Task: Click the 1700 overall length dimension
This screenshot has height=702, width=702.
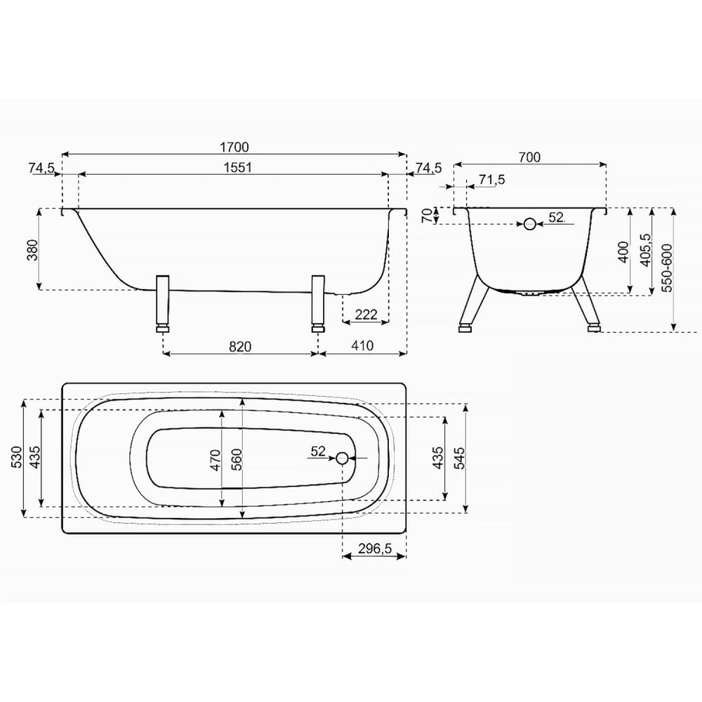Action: (234, 147)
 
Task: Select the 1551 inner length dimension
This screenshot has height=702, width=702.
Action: (238, 168)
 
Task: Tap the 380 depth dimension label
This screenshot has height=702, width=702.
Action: (32, 250)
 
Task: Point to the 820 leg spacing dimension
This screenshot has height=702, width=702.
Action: (240, 347)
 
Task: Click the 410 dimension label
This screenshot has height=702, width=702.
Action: (362, 345)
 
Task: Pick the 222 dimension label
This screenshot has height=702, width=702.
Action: (366, 314)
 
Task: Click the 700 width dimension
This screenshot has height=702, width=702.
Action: (529, 157)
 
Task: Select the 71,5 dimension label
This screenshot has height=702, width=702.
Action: (491, 180)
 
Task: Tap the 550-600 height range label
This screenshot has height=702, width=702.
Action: (667, 267)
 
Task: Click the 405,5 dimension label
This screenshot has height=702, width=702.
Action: (645, 250)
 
